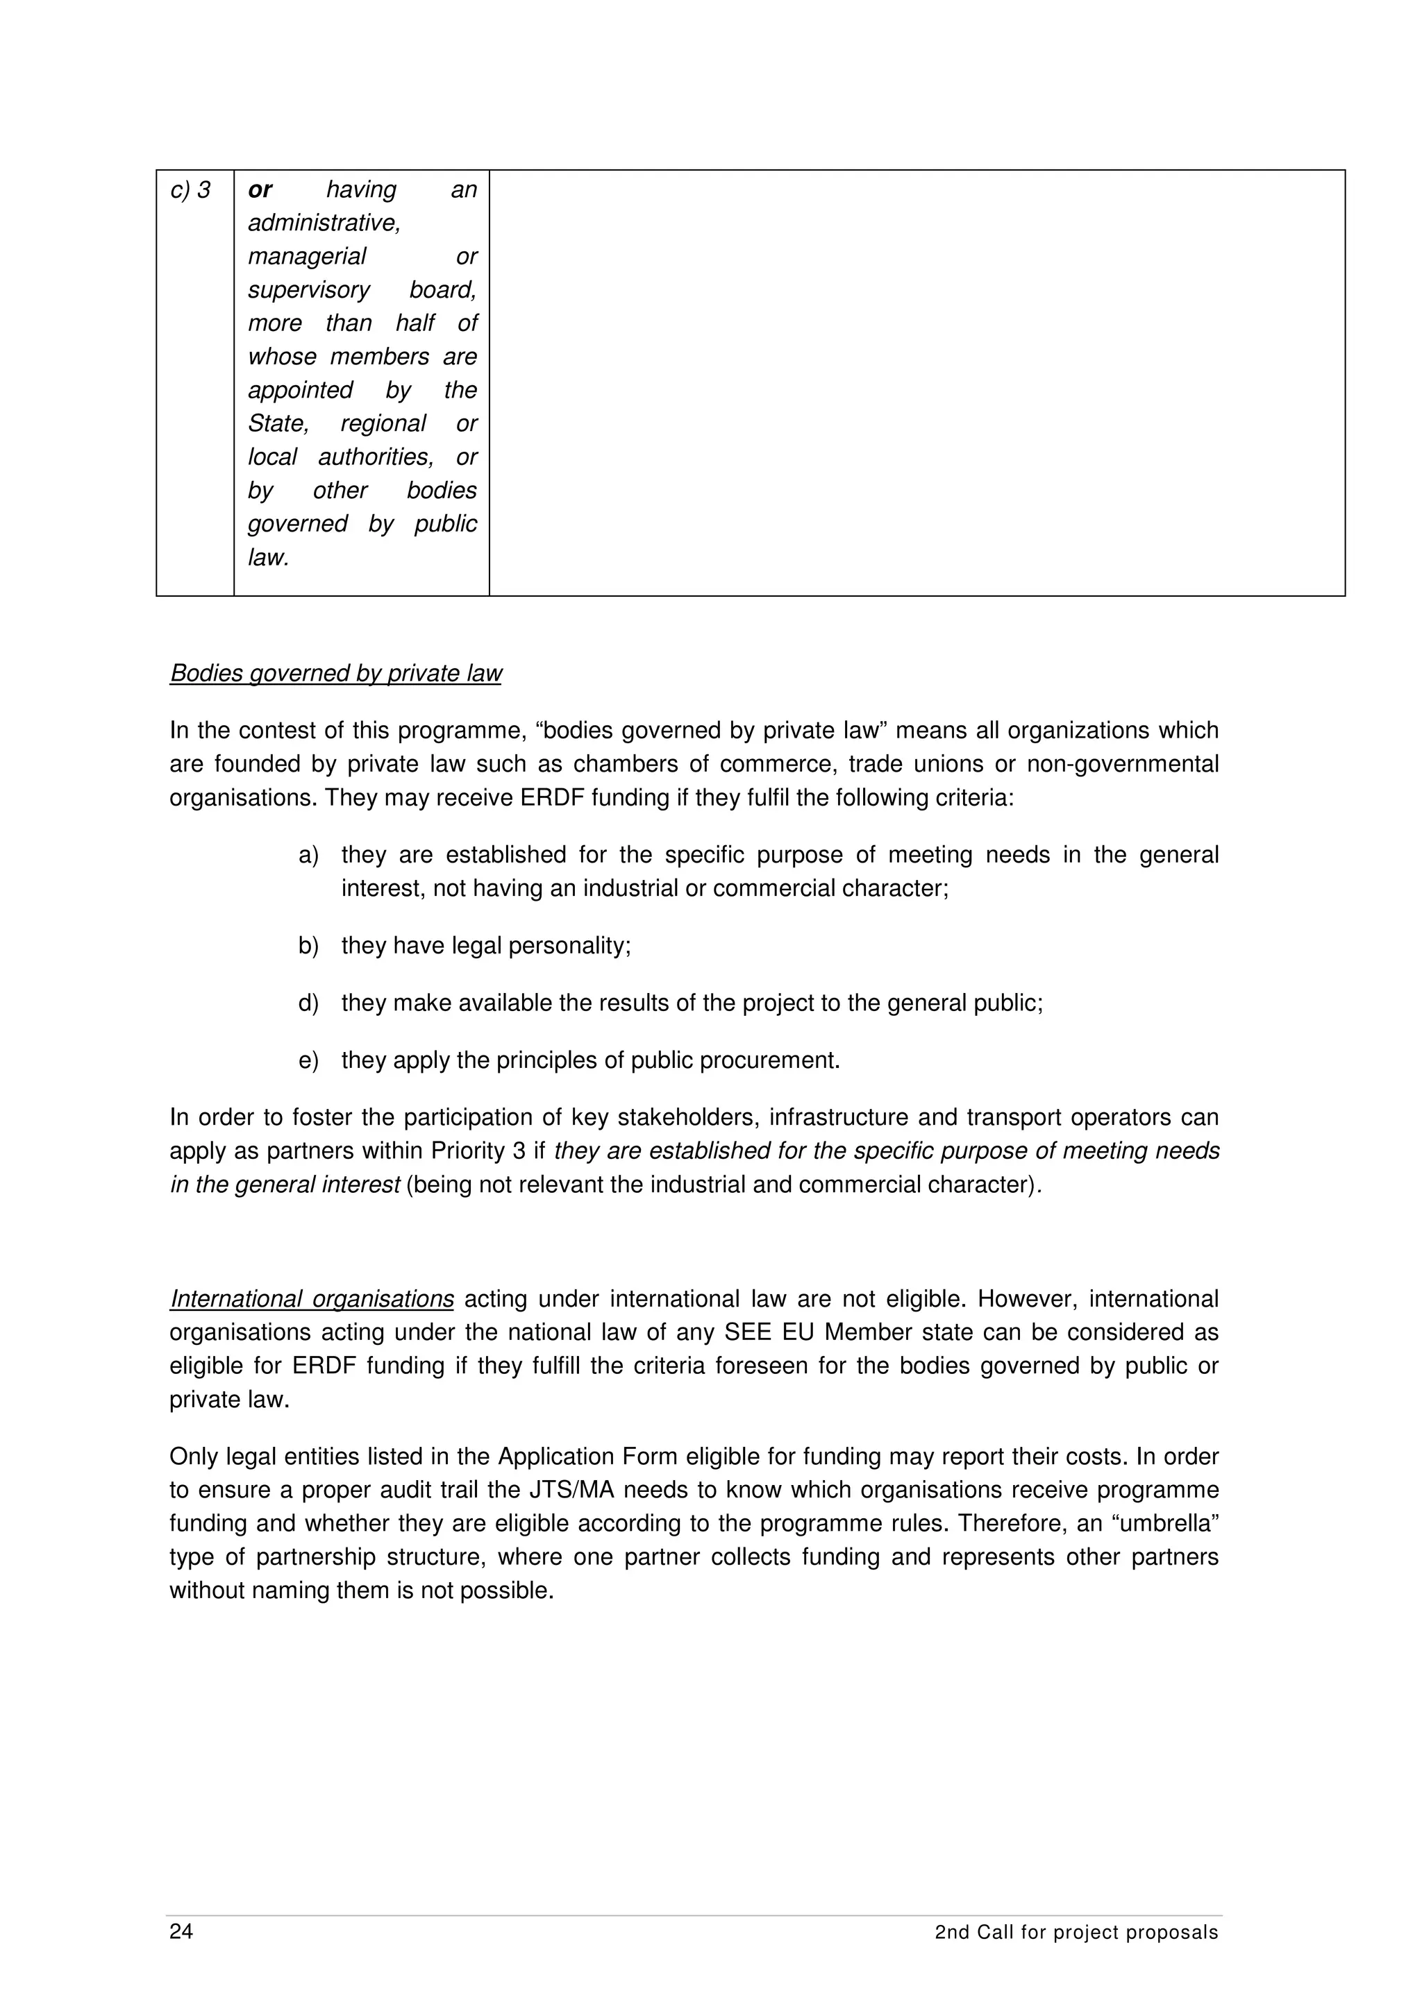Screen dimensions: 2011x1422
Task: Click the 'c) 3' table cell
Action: coord(190,190)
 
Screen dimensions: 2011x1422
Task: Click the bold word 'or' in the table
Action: coord(260,190)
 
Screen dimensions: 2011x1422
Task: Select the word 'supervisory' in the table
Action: coord(308,290)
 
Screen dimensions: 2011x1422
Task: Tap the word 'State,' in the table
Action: coord(278,424)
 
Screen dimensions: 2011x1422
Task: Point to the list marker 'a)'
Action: coord(308,855)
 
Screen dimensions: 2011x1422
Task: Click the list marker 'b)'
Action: coord(308,946)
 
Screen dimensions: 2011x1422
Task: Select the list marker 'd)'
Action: coord(308,1003)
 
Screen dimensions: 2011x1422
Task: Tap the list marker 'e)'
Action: coord(308,1061)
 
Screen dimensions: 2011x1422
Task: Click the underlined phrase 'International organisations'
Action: coord(312,1299)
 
